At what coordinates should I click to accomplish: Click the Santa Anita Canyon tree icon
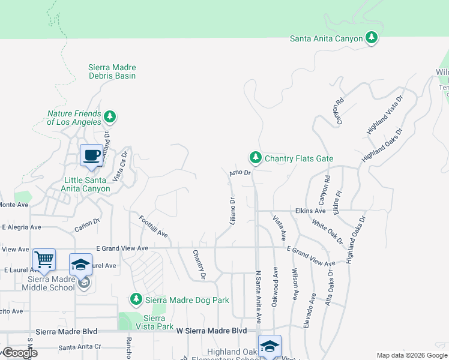[x=372, y=38]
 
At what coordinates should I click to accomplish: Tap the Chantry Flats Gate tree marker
[x=256, y=158]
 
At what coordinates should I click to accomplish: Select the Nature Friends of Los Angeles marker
[x=109, y=116]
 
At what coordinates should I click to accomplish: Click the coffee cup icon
[x=91, y=156]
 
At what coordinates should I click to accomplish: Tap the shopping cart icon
[x=44, y=260]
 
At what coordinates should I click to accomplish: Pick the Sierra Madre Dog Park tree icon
[x=136, y=298]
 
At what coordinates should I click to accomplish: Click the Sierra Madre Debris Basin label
[x=112, y=71]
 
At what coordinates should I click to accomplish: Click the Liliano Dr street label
[x=232, y=211]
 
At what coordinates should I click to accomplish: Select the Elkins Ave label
[x=310, y=211]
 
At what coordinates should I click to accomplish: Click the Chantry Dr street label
[x=199, y=264]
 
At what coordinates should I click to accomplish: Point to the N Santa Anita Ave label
[x=259, y=296]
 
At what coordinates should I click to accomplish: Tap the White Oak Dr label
[x=327, y=231]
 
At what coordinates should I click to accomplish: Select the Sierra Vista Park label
[x=154, y=322]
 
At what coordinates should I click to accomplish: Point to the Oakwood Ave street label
[x=275, y=287]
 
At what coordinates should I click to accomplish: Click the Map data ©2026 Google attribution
[x=412, y=355]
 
